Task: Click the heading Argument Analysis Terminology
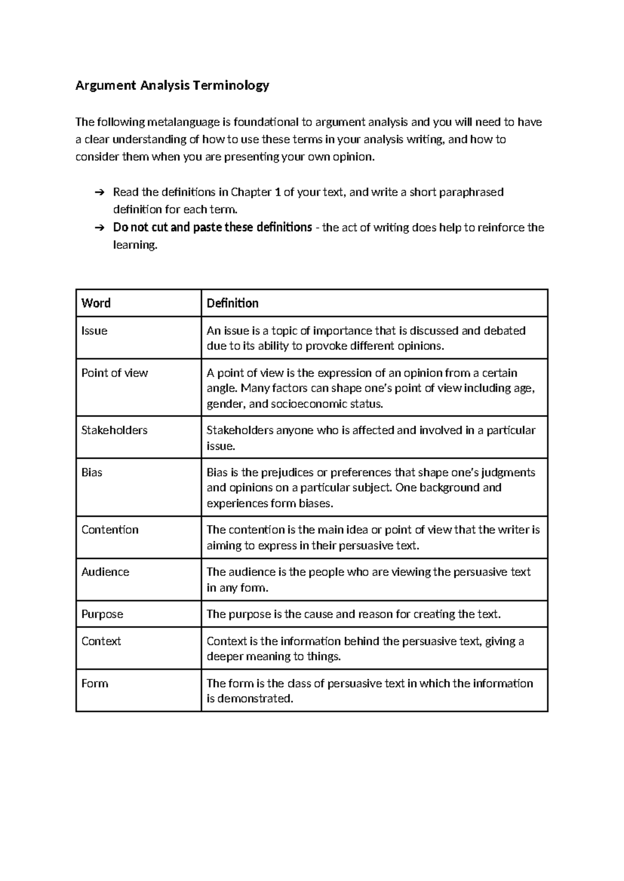(172, 85)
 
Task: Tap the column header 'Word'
(96, 303)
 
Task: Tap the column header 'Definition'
(232, 303)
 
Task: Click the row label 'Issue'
(94, 331)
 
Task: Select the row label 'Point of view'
(114, 373)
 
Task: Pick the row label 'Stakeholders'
(114, 430)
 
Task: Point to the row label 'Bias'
(92, 472)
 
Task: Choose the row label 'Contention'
(110, 530)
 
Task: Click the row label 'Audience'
(105, 572)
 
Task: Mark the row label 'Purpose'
(102, 614)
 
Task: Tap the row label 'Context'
(101, 641)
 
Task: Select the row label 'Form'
(95, 683)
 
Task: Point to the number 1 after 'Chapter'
(278, 193)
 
